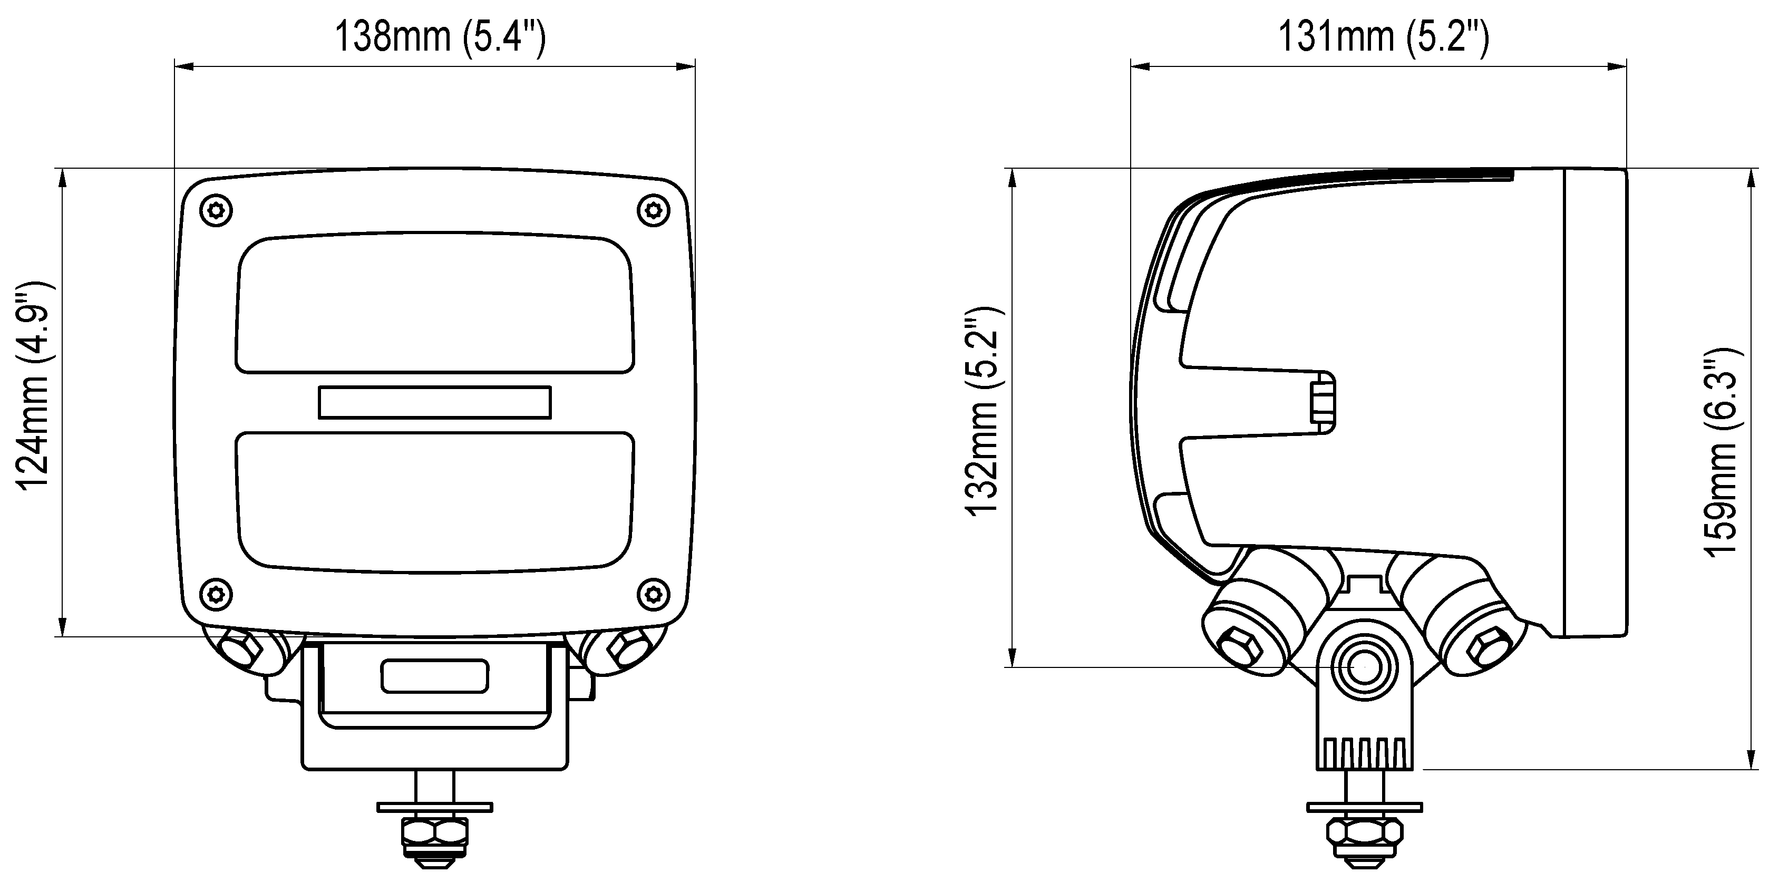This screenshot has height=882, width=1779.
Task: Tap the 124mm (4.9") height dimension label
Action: (33, 385)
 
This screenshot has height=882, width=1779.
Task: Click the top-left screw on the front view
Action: (216, 210)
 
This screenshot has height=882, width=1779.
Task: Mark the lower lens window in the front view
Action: (434, 501)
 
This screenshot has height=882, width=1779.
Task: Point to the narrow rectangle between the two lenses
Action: (434, 402)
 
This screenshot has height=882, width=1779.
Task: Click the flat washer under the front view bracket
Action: (434, 807)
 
